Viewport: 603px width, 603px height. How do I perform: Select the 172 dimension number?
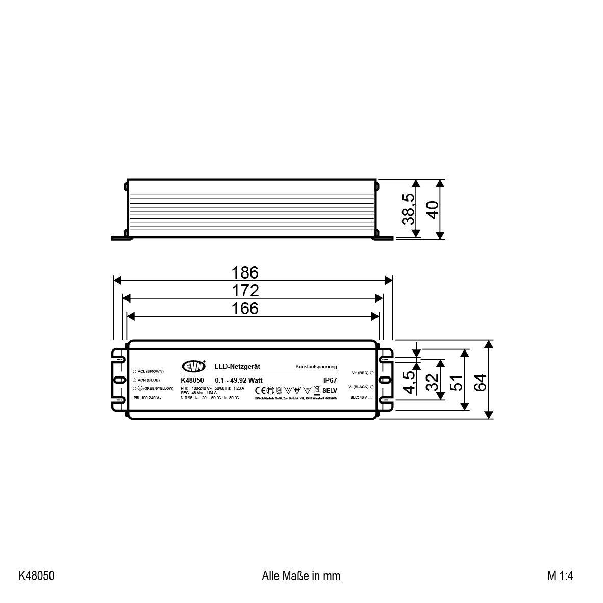click(x=245, y=291)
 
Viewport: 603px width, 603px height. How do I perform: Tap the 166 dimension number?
click(x=245, y=309)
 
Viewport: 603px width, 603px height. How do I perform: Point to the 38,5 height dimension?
click(x=408, y=209)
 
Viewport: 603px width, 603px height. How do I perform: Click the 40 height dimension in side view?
click(x=433, y=209)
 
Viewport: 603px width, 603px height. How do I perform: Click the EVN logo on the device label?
click(x=194, y=366)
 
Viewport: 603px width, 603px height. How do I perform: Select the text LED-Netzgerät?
click(x=238, y=367)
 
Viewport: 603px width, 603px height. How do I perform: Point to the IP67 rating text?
click(x=330, y=380)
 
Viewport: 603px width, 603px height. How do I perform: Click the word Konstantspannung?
click(x=316, y=367)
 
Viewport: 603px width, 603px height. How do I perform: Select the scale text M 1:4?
click(x=561, y=576)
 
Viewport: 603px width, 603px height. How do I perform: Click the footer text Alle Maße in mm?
click(x=301, y=576)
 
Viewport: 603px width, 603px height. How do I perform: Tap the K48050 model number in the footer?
click(x=36, y=576)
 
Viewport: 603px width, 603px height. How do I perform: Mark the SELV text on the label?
click(x=330, y=390)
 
